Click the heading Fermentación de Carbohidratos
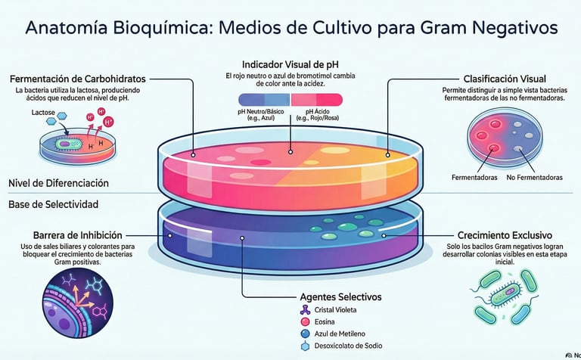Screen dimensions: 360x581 click(x=89, y=79)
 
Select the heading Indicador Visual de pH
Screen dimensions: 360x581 click(x=290, y=65)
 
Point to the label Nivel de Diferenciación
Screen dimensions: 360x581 click(x=59, y=183)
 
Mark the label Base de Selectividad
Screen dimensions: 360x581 click(x=55, y=204)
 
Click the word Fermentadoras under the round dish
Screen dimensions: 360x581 click(x=474, y=177)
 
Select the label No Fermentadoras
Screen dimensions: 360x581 click(x=534, y=177)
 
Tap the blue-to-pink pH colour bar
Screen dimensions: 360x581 click(x=290, y=99)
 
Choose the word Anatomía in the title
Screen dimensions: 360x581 click(x=66, y=28)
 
